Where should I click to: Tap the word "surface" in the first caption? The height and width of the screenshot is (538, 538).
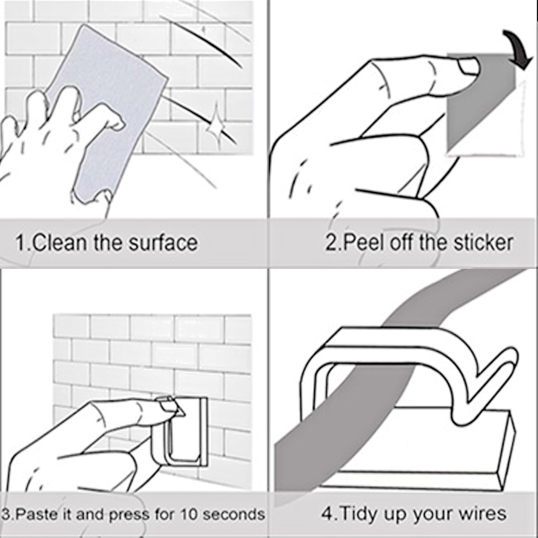[163, 242]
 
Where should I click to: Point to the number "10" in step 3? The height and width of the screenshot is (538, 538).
[189, 514]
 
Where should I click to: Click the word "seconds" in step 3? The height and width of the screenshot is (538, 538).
[234, 514]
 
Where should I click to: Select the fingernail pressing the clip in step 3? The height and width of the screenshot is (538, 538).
[166, 406]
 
